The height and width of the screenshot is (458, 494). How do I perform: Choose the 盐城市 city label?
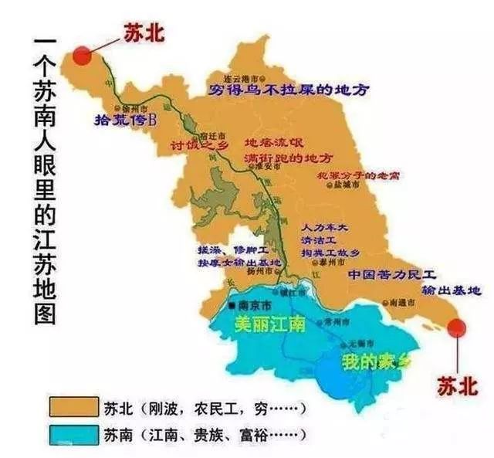pos(345,186)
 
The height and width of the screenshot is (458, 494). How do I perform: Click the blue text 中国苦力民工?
pos(392,275)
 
